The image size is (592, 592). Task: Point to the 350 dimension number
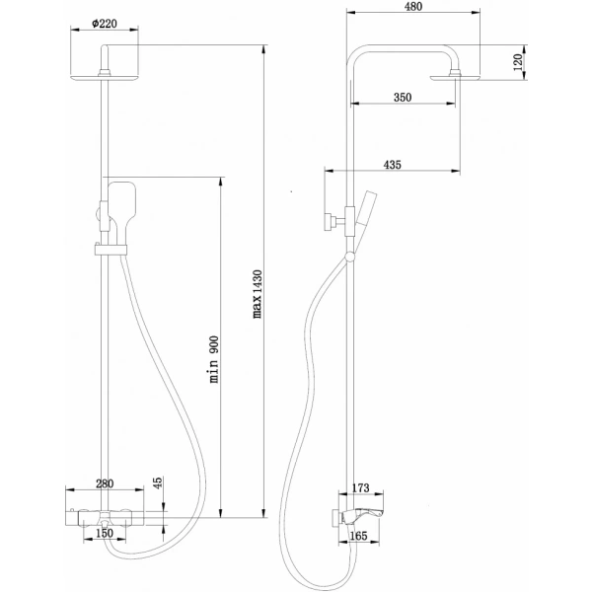pyautogui.click(x=401, y=97)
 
